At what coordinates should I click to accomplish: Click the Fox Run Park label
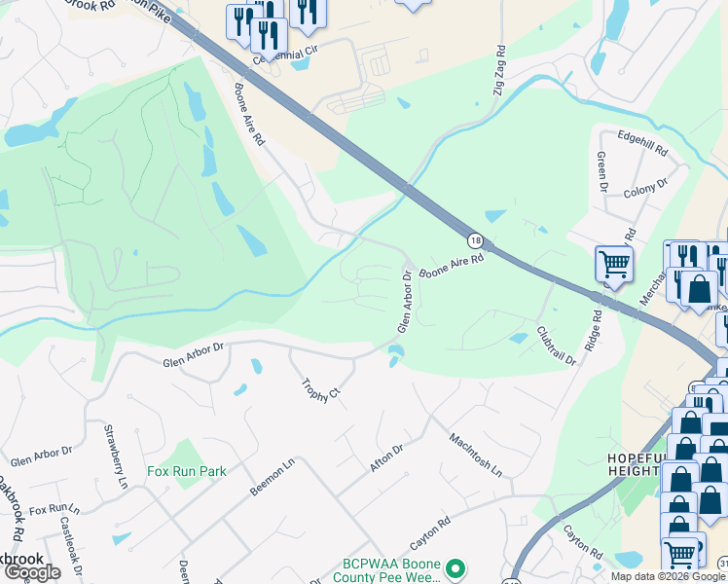[x=187, y=472]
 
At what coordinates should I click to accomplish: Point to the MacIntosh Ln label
[x=475, y=455]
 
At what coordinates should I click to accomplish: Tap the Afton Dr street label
[x=386, y=459]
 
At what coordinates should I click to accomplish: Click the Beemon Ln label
[x=272, y=479]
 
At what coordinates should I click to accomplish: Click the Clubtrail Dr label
[x=556, y=345]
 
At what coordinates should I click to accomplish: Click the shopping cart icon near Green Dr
[x=614, y=263]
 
